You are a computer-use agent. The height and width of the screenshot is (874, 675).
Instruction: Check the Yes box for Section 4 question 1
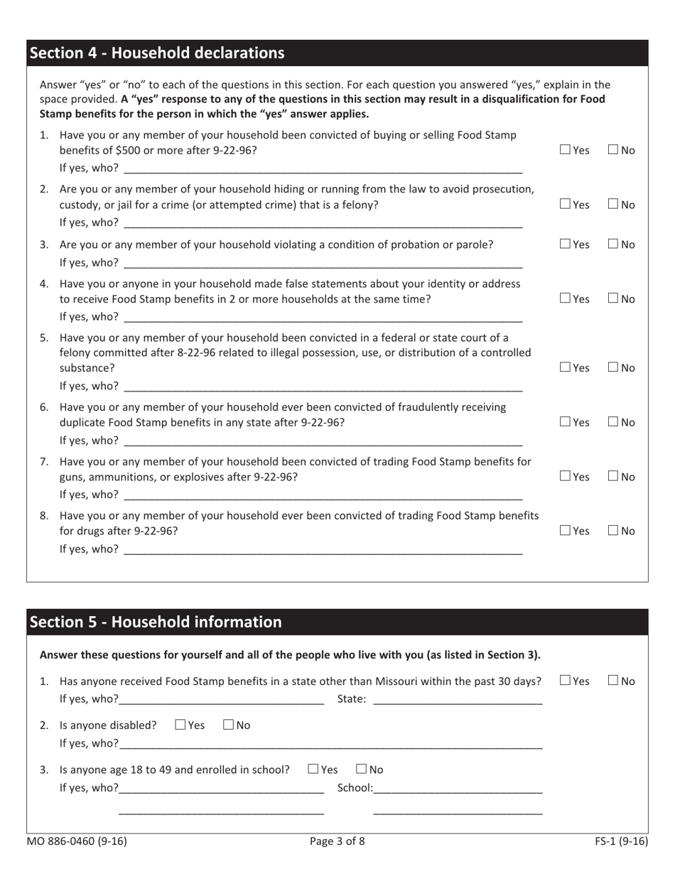click(565, 150)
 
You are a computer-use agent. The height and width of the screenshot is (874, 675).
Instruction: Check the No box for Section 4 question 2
click(613, 205)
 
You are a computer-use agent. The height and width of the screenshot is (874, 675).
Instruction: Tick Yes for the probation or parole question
click(565, 244)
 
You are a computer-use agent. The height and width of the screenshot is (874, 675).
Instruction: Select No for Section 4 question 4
click(613, 299)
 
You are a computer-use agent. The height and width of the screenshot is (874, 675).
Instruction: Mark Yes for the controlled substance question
click(565, 367)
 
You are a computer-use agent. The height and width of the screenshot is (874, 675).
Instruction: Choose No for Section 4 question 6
click(613, 422)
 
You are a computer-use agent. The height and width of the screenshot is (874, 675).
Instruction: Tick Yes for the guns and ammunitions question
click(565, 476)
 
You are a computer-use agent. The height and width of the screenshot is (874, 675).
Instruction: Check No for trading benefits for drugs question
click(613, 530)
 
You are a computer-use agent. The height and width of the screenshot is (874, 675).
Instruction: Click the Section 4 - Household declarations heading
click(157, 53)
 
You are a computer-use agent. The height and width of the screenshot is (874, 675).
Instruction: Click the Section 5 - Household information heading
click(156, 622)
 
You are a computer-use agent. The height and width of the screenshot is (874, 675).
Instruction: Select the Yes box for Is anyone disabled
click(180, 725)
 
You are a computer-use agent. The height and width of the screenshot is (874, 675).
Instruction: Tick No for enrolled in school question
click(361, 770)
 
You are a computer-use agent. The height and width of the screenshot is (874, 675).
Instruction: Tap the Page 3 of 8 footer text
click(337, 842)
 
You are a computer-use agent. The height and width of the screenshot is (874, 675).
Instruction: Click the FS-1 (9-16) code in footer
click(621, 842)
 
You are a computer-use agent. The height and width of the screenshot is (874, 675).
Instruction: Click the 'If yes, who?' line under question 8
click(323, 549)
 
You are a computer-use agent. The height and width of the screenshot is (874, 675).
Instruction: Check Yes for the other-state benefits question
click(565, 681)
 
